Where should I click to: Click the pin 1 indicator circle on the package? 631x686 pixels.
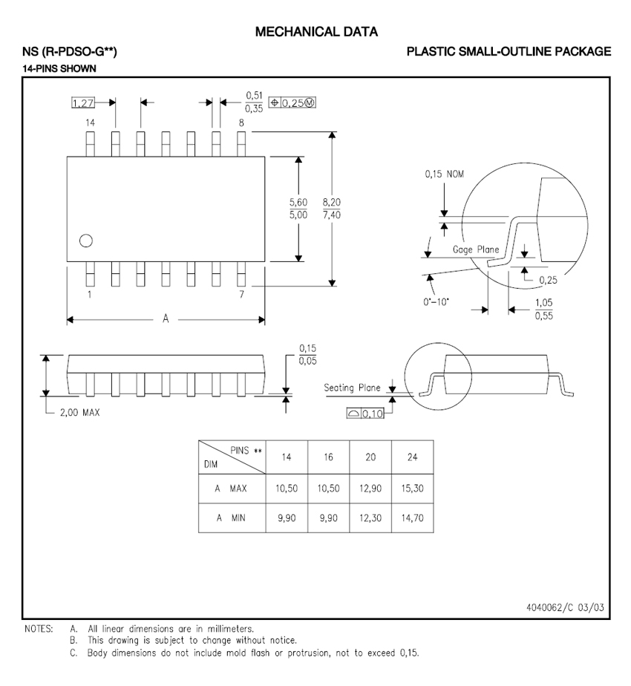86,241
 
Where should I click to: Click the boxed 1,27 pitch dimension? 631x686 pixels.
82,102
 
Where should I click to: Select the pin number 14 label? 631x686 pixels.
90,123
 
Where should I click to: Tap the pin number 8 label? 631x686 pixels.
241,123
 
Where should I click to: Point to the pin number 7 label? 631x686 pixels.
241,295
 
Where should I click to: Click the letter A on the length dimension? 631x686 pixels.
166,319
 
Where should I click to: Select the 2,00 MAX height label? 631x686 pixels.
79,413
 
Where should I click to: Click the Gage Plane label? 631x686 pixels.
476,249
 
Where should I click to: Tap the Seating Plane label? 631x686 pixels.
352,388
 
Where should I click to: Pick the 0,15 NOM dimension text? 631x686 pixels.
444,174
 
